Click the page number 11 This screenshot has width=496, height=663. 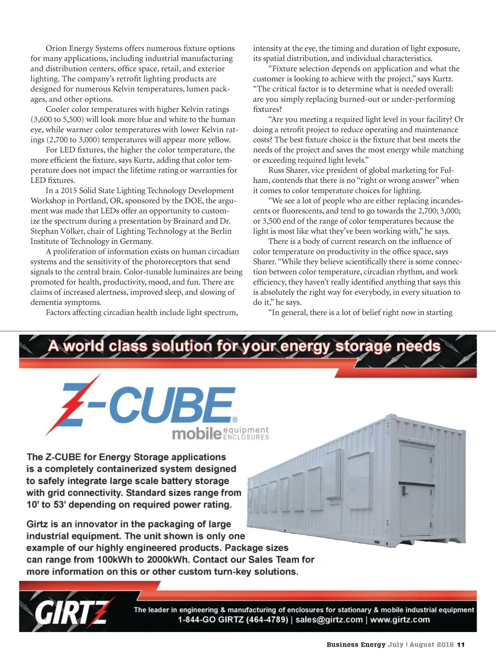pyautogui.click(x=461, y=645)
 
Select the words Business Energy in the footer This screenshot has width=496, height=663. pyautogui.click(x=356, y=645)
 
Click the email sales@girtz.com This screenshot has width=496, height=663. pyautogui.click(x=329, y=620)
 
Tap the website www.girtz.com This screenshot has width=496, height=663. pyautogui.click(x=400, y=620)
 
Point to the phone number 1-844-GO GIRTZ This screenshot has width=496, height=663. pyautogui.click(x=233, y=620)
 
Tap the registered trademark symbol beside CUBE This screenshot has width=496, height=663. pyautogui.click(x=235, y=420)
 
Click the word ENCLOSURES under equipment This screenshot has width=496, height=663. pyautogui.click(x=246, y=437)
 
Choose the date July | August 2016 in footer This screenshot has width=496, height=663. pyautogui.click(x=421, y=645)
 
